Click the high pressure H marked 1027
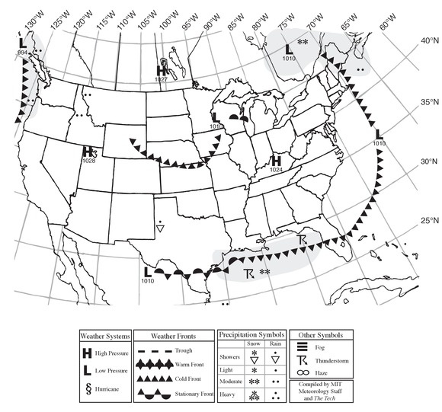coord(162,70)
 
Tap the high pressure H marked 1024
coord(277,161)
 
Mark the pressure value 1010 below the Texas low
coord(147,281)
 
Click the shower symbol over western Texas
coord(161,227)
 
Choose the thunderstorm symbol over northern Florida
coord(304,241)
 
